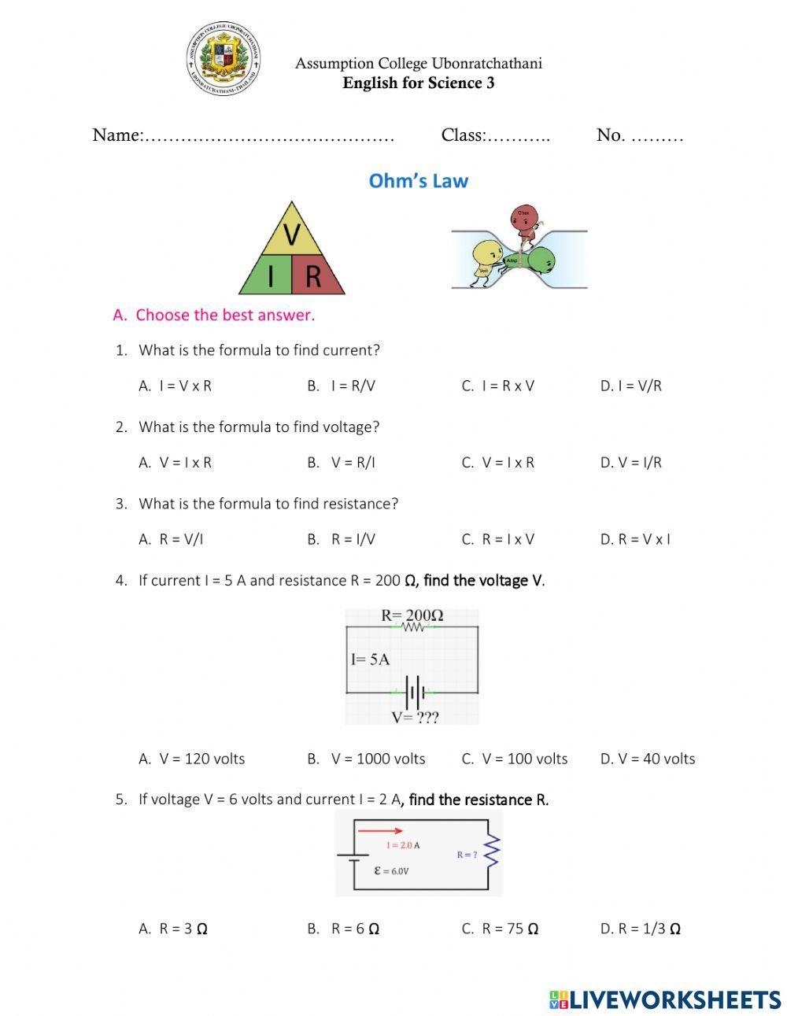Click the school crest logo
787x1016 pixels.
(x=224, y=59)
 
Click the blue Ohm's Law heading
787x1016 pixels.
(x=418, y=181)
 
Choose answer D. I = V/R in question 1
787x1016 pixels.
(x=630, y=386)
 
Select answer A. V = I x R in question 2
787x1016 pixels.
(x=176, y=463)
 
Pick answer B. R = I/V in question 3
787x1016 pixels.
(x=342, y=539)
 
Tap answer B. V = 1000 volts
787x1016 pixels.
(x=367, y=759)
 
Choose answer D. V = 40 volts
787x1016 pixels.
(x=648, y=759)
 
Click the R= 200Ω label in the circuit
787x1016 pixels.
(x=412, y=615)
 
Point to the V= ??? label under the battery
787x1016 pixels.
(x=415, y=717)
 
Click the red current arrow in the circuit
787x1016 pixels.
(x=381, y=830)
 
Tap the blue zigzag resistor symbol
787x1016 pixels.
(x=493, y=852)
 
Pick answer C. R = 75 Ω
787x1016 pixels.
(x=501, y=929)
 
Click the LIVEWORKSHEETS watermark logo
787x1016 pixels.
(x=664, y=999)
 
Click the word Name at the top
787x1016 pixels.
(x=116, y=135)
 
